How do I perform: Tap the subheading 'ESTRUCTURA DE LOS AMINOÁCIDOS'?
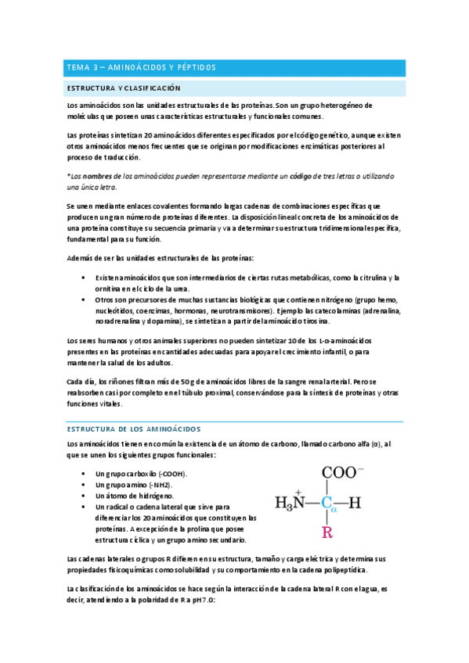pos(134,429)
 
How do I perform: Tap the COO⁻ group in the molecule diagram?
pos(337,473)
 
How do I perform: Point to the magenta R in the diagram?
pos(327,534)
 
